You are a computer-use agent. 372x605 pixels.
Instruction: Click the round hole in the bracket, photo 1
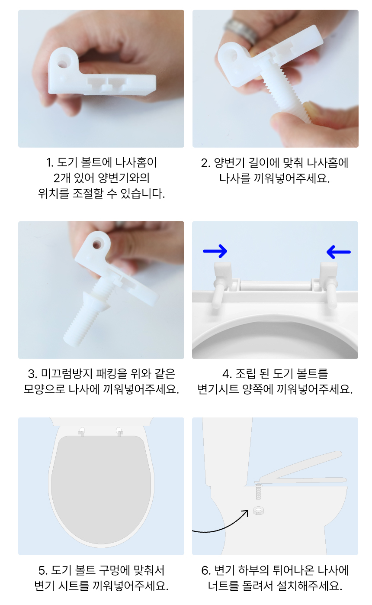[x=64, y=59]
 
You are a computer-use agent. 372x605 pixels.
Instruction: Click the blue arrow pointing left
[x=338, y=251]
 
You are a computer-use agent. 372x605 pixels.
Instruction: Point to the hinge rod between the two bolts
[x=275, y=285]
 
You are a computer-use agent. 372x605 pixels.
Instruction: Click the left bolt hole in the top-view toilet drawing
[x=82, y=431]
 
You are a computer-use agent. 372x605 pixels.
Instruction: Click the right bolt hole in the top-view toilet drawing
[x=119, y=431]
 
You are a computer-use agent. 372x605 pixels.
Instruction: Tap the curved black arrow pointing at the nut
[x=221, y=525]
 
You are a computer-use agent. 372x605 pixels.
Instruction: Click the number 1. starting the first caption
[x=49, y=163]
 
